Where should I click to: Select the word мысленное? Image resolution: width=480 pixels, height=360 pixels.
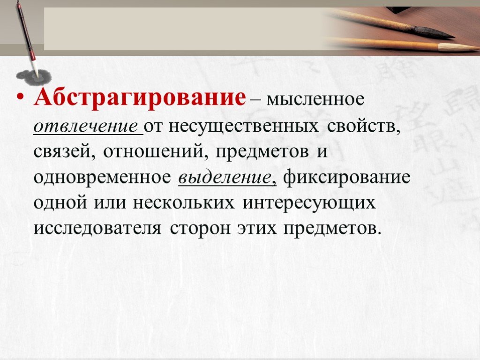(315, 98)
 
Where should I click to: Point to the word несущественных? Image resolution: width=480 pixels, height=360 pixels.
(244, 126)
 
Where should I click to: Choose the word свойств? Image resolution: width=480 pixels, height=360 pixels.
(364, 126)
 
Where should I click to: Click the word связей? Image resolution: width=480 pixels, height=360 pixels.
(64, 152)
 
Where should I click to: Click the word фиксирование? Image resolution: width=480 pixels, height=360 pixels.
(347, 177)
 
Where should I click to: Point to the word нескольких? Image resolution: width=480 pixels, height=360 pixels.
(184, 203)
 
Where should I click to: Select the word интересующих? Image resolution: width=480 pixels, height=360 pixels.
(309, 203)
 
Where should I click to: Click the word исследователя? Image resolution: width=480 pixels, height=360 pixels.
(97, 228)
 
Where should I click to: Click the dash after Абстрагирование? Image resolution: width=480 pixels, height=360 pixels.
(256, 99)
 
